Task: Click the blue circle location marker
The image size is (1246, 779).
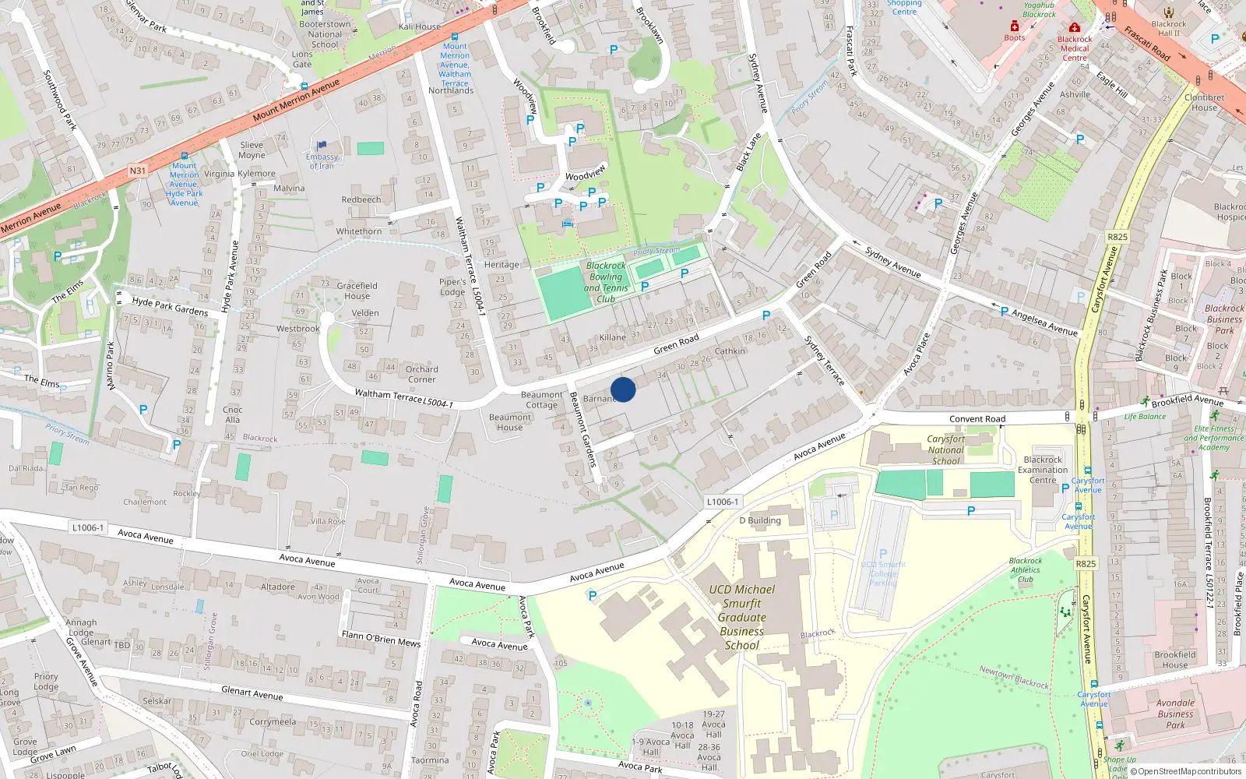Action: point(623,389)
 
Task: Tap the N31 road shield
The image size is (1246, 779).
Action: point(138,171)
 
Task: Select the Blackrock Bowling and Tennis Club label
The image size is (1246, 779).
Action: point(606,282)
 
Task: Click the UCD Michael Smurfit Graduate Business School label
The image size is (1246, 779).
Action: point(742,617)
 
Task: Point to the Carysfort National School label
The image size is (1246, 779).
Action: point(945,450)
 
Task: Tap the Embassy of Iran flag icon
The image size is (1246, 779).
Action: point(322,146)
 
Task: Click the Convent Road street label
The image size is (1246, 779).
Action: point(977,419)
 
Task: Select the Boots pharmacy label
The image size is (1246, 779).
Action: point(1014,37)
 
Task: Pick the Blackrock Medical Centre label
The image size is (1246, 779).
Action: point(1075,48)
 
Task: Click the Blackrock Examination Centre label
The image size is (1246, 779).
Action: point(1043,470)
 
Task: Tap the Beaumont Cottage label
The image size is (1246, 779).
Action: point(541,400)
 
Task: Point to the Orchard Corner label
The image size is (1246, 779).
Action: point(421,375)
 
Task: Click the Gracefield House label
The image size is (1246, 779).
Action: point(357,291)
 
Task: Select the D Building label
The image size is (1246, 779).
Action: point(760,520)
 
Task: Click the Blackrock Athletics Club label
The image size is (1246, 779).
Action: point(1026,570)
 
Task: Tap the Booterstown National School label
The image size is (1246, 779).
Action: point(325,34)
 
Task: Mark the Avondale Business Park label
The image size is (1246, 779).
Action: point(1175,714)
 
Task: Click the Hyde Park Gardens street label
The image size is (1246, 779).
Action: point(170,306)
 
